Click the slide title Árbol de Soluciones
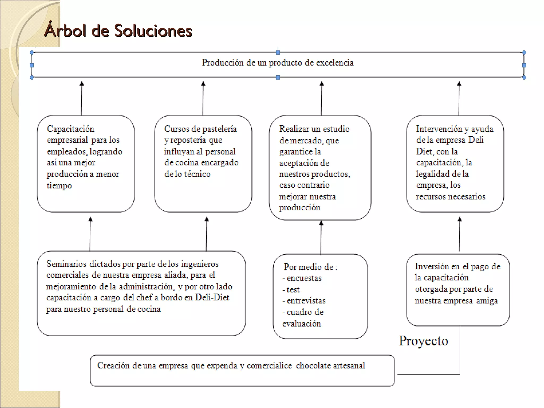pos(118,31)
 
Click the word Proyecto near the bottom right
pos(423,341)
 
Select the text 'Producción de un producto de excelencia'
pos(278,63)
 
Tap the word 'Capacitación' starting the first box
pos(70,129)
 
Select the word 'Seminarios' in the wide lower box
pos(66,264)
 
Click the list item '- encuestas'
pos(302,278)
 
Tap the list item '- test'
pos(291,290)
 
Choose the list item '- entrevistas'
pos(304,301)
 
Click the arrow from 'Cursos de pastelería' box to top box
pos(203,98)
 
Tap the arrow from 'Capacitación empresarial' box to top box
pos(82,98)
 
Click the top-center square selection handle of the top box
pos(278,53)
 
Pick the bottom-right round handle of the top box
pos(524,78)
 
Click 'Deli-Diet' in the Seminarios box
pos(212,297)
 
